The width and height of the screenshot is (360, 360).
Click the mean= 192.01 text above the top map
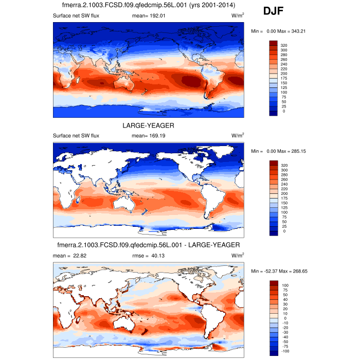tap(149, 16)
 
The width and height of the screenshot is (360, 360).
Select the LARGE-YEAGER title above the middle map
tap(148, 125)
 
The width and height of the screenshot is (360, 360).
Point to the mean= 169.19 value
tap(149, 136)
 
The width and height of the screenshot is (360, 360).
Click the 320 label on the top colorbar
tap(283, 46)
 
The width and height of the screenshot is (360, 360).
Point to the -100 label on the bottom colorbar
tap(285, 351)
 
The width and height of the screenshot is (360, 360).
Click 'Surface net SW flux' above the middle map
tap(76, 136)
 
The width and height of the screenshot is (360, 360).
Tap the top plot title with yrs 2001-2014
tap(148, 6)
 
